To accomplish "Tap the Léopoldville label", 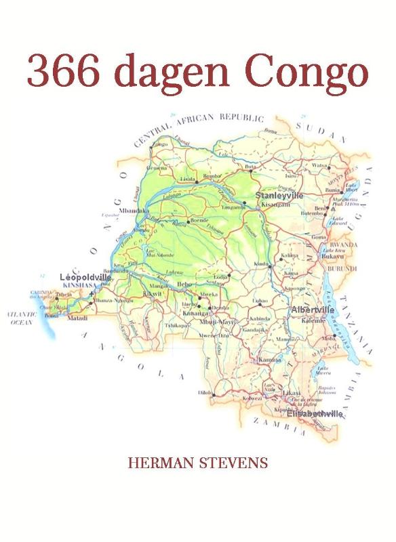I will (85, 278).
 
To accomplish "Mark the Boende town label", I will (199, 222).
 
